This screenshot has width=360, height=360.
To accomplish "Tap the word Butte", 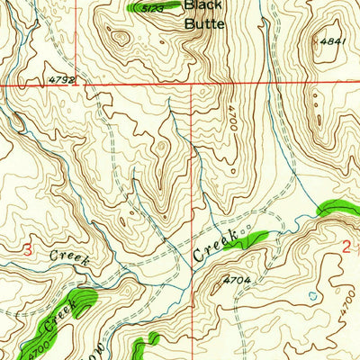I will pos(203,24).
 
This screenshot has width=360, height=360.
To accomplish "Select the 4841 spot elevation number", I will pos(333,40).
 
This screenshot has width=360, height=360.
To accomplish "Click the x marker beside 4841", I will pos(316,40).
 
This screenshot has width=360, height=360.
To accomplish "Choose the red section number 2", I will pos(346,246).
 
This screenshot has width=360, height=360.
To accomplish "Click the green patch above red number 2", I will pos(335,208).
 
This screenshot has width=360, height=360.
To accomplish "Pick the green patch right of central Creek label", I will pos(255,238).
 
